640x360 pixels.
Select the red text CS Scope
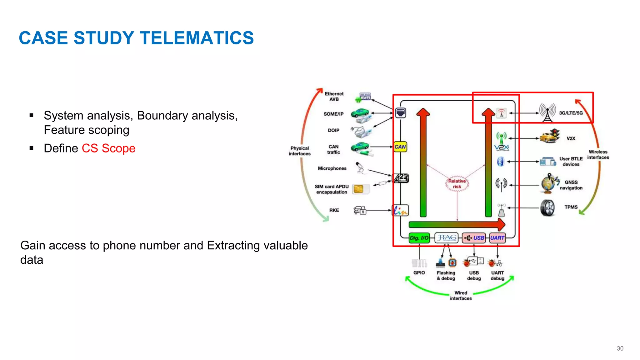pyautogui.click(x=108, y=148)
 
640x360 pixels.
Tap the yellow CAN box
pyautogui.click(x=400, y=147)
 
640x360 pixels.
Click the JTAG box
pyautogui.click(x=447, y=238)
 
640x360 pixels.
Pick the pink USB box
pyautogui.click(x=474, y=238)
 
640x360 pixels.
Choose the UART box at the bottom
pyautogui.click(x=497, y=238)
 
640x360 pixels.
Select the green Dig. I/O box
pyautogui.click(x=419, y=238)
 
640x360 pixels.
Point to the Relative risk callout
pyautogui.click(x=457, y=184)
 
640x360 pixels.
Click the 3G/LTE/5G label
pyautogui.click(x=571, y=113)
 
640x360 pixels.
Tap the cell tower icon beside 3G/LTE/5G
pyautogui.click(x=547, y=112)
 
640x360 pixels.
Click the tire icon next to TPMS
pyautogui.click(x=547, y=208)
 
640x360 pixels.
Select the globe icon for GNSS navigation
pyautogui.click(x=549, y=184)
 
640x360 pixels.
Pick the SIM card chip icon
pyautogui.click(x=359, y=189)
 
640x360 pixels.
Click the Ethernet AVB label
pyautogui.click(x=334, y=97)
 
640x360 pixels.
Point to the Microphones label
pyautogui.click(x=332, y=168)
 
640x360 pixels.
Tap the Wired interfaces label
pyautogui.click(x=461, y=296)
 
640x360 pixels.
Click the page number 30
pyautogui.click(x=620, y=348)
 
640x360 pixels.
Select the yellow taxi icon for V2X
pyautogui.click(x=549, y=137)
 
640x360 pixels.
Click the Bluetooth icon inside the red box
pyautogui.click(x=501, y=162)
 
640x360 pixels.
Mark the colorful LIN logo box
pyautogui.click(x=400, y=210)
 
